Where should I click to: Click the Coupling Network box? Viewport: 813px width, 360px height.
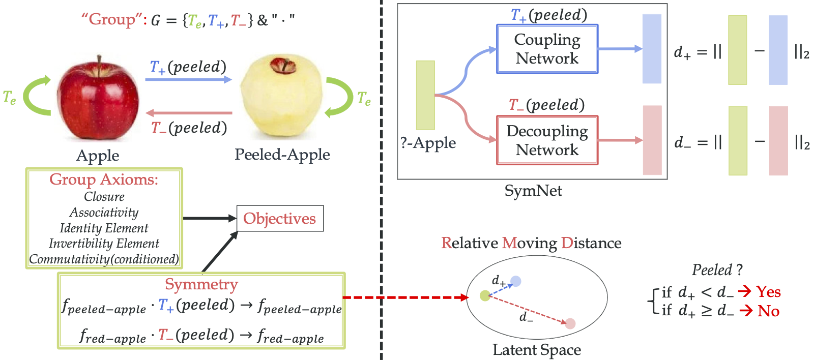coord(547,49)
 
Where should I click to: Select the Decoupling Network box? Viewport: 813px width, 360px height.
coord(547,140)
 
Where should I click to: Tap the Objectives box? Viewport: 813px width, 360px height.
coord(280,219)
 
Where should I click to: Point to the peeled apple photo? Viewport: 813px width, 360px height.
coord(281,99)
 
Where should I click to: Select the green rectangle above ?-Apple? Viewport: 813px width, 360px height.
coord(425,95)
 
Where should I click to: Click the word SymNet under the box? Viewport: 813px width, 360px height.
coord(533,191)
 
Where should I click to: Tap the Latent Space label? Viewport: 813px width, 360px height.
coord(536,350)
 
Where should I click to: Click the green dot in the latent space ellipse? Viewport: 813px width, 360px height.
coord(485,295)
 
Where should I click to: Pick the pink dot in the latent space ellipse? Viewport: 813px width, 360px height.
coord(570,323)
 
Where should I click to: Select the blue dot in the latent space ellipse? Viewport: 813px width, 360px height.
coord(516,281)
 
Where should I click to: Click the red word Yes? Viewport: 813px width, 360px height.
coord(768,292)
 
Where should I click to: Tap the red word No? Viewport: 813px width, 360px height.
coord(768,311)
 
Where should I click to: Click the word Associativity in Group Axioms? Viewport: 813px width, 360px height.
coord(104,213)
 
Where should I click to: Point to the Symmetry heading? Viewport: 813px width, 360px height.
coord(201,284)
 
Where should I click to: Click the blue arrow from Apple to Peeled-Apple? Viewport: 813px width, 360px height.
coord(188,79)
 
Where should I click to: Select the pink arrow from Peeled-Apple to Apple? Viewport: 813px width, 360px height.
coord(188,113)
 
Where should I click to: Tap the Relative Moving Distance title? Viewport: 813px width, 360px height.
coord(531,243)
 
